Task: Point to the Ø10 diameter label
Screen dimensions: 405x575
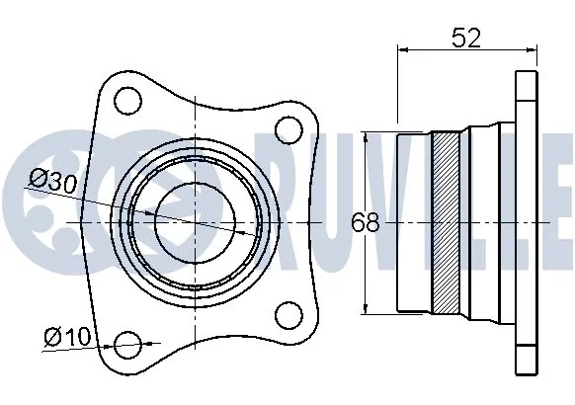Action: [66, 337]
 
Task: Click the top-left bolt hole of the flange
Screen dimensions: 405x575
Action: [126, 100]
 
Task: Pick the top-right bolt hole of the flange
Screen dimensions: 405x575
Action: [287, 128]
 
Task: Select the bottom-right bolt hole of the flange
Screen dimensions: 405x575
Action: [287, 317]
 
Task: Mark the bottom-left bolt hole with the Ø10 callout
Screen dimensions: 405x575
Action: [128, 346]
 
